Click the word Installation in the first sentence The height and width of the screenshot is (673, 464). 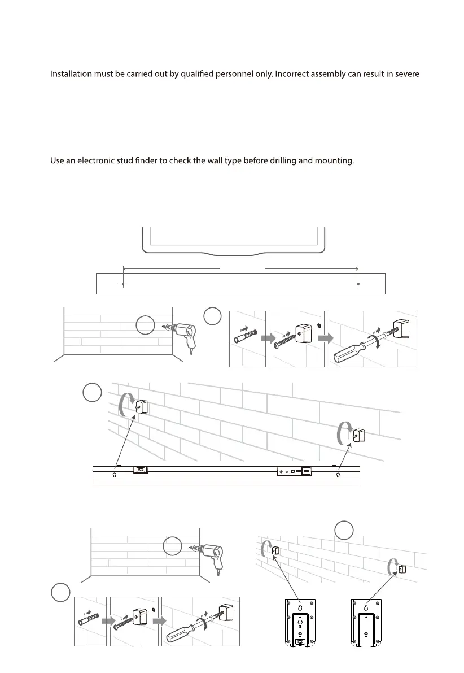click(72, 74)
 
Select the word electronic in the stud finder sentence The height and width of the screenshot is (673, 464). click(103, 161)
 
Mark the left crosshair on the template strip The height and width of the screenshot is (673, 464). click(123, 284)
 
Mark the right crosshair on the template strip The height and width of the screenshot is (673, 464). click(358, 284)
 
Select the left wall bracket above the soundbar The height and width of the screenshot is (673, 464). click(141, 407)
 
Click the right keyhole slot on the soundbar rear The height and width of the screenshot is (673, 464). click(338, 475)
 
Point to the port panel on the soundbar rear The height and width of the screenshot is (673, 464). click(294, 471)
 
